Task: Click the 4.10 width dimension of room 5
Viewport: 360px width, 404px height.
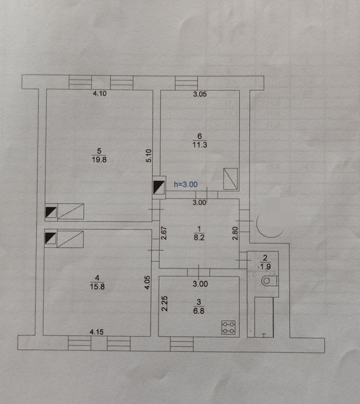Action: (x=100, y=93)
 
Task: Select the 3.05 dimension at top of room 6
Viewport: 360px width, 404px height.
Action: (x=200, y=94)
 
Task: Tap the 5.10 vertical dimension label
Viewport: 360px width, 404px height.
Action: (x=149, y=156)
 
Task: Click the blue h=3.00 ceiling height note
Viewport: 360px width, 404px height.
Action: (x=186, y=184)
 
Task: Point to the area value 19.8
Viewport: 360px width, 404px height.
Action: (x=99, y=160)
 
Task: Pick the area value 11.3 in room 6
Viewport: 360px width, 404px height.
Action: (x=200, y=145)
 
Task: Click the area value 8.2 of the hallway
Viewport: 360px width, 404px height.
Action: (x=199, y=237)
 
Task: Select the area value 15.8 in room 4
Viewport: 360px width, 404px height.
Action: (x=97, y=286)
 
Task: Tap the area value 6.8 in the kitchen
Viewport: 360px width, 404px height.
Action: (x=199, y=311)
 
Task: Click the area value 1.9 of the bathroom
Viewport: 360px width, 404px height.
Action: (x=265, y=267)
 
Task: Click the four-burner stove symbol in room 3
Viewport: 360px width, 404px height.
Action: (x=228, y=327)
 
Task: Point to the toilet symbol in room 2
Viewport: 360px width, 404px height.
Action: (x=269, y=280)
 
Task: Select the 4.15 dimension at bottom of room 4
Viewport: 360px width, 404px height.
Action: (x=97, y=332)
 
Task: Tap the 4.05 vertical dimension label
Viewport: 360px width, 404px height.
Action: (x=147, y=282)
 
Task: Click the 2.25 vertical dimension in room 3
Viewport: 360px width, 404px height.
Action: (x=164, y=304)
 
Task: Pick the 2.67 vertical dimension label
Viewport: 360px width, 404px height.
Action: (x=164, y=233)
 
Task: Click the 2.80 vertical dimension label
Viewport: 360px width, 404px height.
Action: (x=235, y=233)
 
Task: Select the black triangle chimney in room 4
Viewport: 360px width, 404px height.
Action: (x=51, y=238)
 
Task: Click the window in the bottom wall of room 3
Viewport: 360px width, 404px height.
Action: (x=182, y=344)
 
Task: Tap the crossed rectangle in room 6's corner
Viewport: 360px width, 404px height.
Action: (x=230, y=179)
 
